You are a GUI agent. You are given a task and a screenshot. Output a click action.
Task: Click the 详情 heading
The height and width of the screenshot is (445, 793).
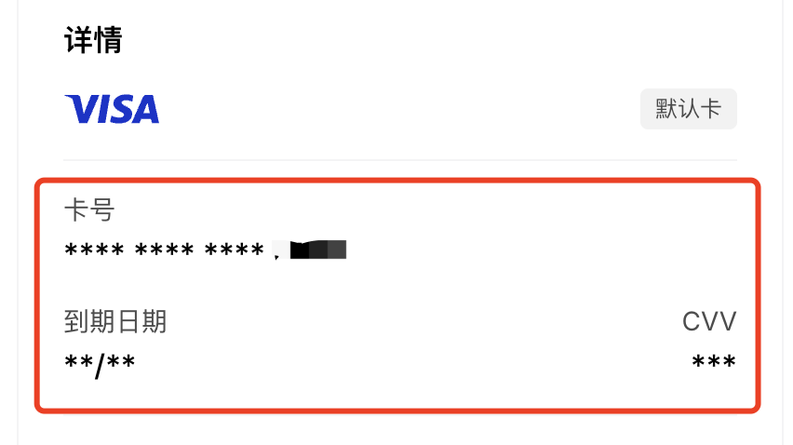pos(94,40)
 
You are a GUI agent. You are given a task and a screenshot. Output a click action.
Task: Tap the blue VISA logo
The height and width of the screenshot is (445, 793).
pos(112,109)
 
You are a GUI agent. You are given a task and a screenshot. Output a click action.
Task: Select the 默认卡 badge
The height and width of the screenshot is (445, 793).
pos(688,109)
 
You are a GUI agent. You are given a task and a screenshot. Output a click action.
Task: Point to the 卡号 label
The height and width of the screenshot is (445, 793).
pos(88,210)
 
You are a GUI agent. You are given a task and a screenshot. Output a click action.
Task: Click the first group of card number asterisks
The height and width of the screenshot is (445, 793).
pos(94,250)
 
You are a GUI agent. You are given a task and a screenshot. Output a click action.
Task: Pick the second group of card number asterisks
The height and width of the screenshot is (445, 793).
pos(164,250)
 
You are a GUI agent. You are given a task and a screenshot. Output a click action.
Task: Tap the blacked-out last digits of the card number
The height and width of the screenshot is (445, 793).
pos(317,249)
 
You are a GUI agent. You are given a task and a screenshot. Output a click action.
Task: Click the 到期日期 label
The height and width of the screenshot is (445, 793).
pos(115,322)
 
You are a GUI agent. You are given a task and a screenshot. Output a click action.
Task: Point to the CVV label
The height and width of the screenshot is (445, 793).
pos(709,322)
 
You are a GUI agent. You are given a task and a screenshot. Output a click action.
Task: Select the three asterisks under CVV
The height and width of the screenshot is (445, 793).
pos(714,362)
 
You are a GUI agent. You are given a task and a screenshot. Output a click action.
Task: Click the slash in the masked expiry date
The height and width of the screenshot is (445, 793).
pos(100,361)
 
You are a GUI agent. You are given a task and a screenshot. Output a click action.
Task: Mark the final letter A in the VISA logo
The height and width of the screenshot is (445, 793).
pos(143,109)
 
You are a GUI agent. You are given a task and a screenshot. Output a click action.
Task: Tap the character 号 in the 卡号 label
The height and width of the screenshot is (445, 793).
pos(101,210)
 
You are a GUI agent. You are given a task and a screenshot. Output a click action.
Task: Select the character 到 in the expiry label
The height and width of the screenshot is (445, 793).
pos(76,322)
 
